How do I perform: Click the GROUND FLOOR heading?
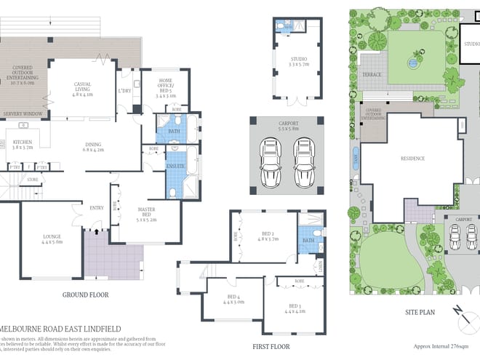[85, 295]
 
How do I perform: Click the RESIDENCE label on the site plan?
[412, 158]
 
